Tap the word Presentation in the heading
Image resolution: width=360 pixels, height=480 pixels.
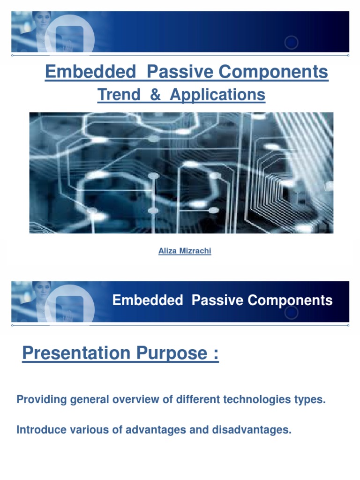[75, 353]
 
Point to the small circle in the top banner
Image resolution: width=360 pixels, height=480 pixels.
[291, 43]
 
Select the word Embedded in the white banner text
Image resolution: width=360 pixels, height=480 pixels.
[148, 300]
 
